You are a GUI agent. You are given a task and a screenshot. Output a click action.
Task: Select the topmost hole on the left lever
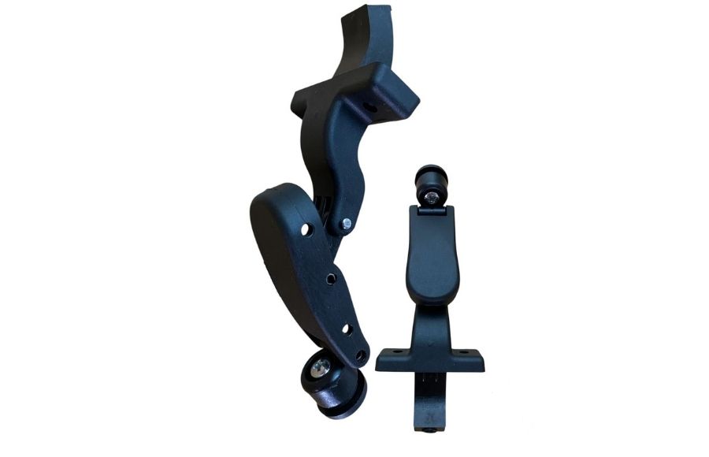point(307,229)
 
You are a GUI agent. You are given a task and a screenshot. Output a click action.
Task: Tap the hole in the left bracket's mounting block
point(366,102)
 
